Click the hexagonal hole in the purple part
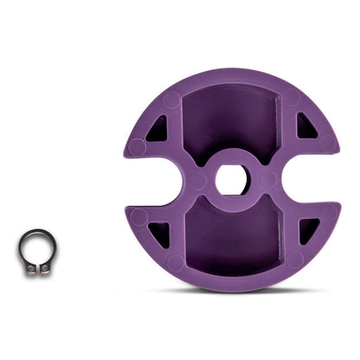tap(231, 180)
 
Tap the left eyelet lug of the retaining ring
tap(30, 268)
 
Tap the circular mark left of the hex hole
tap(198, 180)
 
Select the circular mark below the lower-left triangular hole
tap(173, 261)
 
